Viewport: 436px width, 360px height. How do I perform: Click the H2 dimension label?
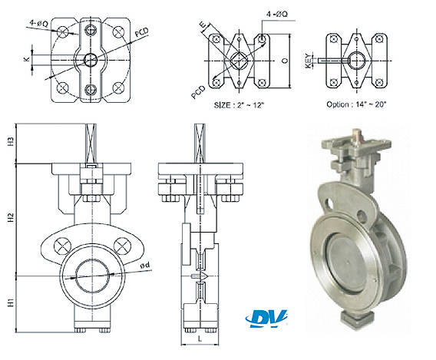tap(11, 217)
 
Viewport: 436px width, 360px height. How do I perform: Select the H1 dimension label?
tap(11, 302)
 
